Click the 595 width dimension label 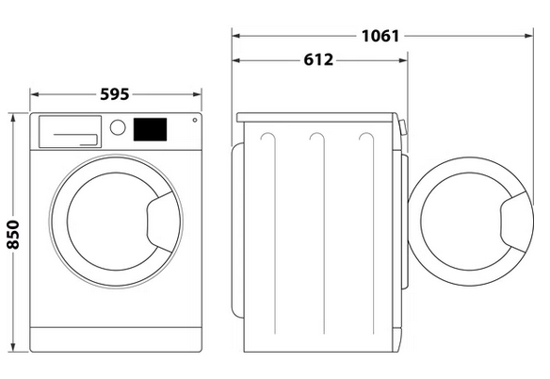click(115, 94)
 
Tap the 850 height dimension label click(13, 235)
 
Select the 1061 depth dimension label click(380, 36)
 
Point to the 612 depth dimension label click(318, 60)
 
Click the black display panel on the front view click(150, 129)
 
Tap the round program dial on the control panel click(118, 127)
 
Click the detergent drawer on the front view click(70, 132)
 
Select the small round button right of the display click(195, 120)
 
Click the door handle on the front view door click(159, 222)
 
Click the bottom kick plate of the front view click(116, 339)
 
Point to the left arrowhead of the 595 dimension click(34, 94)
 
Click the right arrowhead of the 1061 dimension click(529, 36)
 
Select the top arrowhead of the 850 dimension click(13, 118)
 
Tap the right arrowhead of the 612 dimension click(403, 60)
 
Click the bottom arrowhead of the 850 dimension click(13, 347)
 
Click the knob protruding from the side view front click(403, 127)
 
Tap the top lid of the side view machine click(316, 117)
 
